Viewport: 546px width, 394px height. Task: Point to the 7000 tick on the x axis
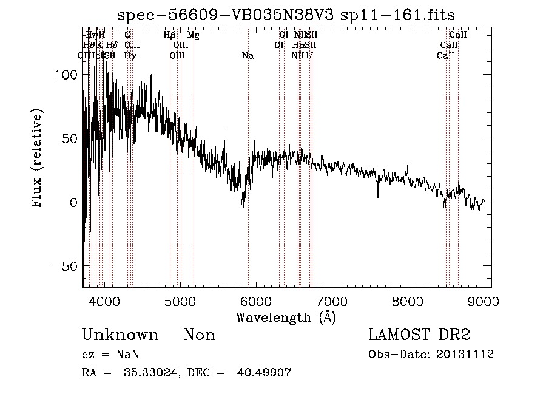pos(332,301)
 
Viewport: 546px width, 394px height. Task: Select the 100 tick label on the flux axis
pos(67,75)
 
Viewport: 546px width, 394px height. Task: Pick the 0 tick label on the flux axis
pos(74,203)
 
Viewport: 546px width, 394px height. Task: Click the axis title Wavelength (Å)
pos(286,317)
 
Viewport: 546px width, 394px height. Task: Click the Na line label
pos(248,56)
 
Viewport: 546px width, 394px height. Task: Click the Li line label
pos(310,56)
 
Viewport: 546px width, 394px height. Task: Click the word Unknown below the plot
pos(120,335)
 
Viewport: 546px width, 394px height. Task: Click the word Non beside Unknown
pos(200,335)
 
